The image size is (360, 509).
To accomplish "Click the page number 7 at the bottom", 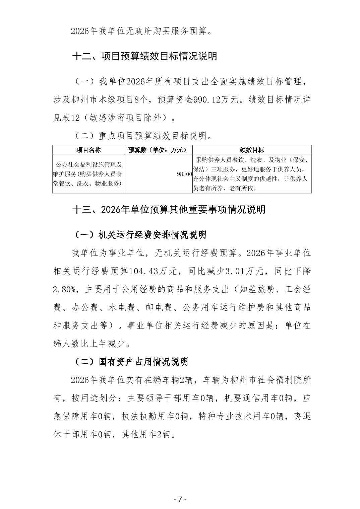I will click(180, 499).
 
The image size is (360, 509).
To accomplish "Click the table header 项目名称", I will click(88, 150).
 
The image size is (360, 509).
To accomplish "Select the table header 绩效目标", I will click(252, 150).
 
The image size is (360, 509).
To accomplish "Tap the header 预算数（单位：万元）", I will click(159, 150).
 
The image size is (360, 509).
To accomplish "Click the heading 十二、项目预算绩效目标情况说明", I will click(144, 56).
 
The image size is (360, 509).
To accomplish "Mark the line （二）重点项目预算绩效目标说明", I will click(142, 136).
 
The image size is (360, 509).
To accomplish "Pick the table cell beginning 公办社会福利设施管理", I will click(88, 174).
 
